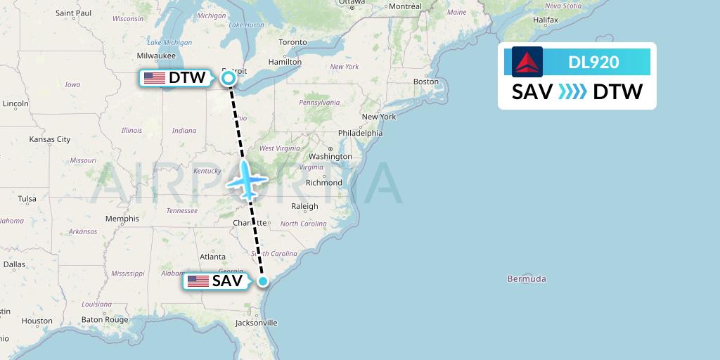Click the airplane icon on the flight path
(246, 179)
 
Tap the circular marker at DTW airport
(229, 78)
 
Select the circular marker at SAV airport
(263, 281)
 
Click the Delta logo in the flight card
(527, 62)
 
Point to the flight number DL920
(593, 62)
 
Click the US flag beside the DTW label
(154, 78)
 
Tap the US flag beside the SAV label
(198, 281)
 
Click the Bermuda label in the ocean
(527, 279)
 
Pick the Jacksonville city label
(256, 323)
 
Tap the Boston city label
(425, 82)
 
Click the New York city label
(379, 117)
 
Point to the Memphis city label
(122, 219)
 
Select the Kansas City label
(50, 140)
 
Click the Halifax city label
(545, 20)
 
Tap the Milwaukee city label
(156, 55)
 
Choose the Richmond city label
(323, 183)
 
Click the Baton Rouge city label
(105, 320)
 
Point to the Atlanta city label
(212, 257)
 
